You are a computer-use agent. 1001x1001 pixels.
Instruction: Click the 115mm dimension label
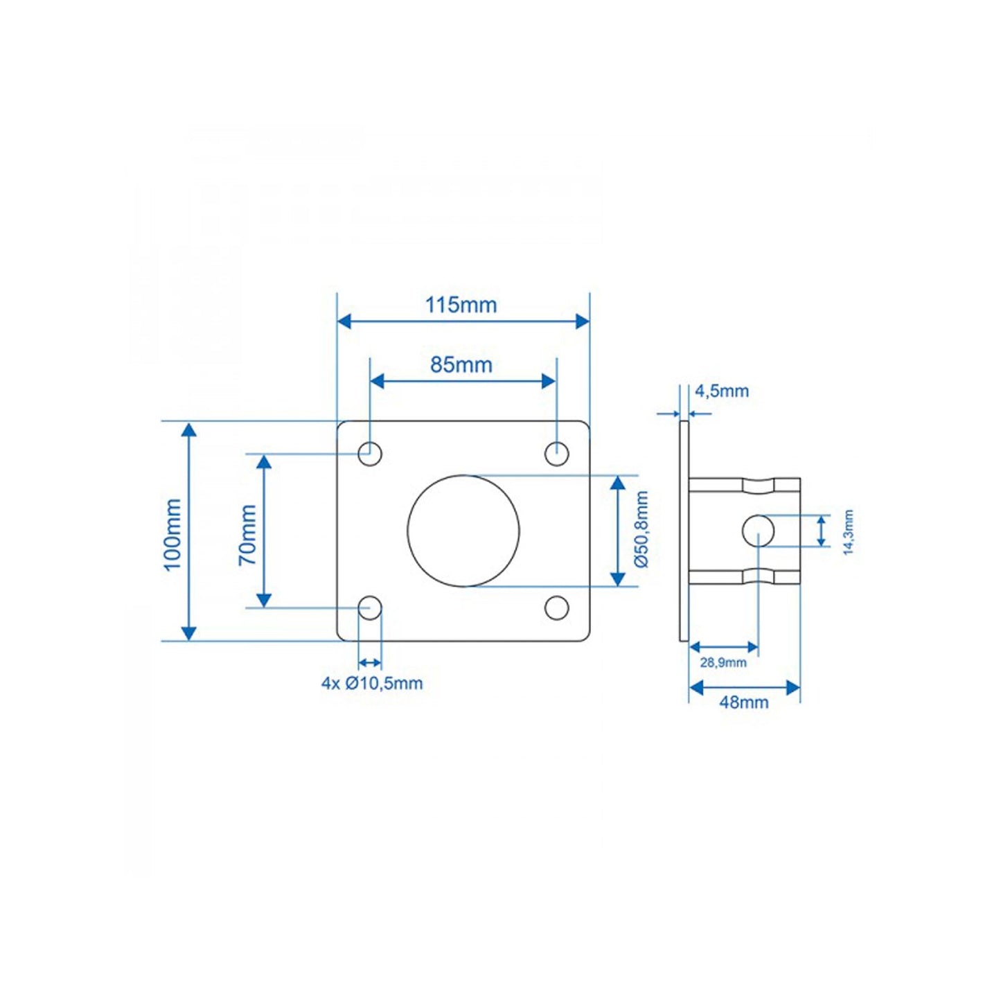pos(461,305)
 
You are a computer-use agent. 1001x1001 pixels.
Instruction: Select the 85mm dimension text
pos(461,364)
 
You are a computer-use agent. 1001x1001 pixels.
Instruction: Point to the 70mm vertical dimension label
pos(247,534)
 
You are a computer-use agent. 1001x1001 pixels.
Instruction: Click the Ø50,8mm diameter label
pos(641,530)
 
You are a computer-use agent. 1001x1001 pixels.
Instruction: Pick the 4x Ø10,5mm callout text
pos(371,683)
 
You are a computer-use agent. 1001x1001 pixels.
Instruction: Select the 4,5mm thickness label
pos(722,391)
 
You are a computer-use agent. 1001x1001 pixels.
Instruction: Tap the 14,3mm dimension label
pos(848,532)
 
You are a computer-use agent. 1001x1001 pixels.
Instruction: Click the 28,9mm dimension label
pos(723,662)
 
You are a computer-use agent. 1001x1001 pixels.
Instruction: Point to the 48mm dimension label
pos(743,702)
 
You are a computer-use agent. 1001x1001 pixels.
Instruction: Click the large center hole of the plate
pos(463,531)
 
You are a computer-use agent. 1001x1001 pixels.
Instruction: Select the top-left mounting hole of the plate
pos(370,454)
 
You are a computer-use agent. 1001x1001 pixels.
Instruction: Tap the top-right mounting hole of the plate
pos(556,454)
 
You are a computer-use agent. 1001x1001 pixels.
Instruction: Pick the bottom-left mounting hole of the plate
pos(370,608)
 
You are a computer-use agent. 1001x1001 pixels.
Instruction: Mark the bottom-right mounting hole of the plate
pos(556,608)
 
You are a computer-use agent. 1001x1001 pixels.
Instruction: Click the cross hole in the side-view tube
pos(758,531)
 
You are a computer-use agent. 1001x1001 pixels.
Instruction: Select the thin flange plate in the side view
pos(684,531)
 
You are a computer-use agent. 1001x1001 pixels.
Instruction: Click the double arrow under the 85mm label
pos(462,381)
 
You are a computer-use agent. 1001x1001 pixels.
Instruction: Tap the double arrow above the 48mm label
pos(745,687)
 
